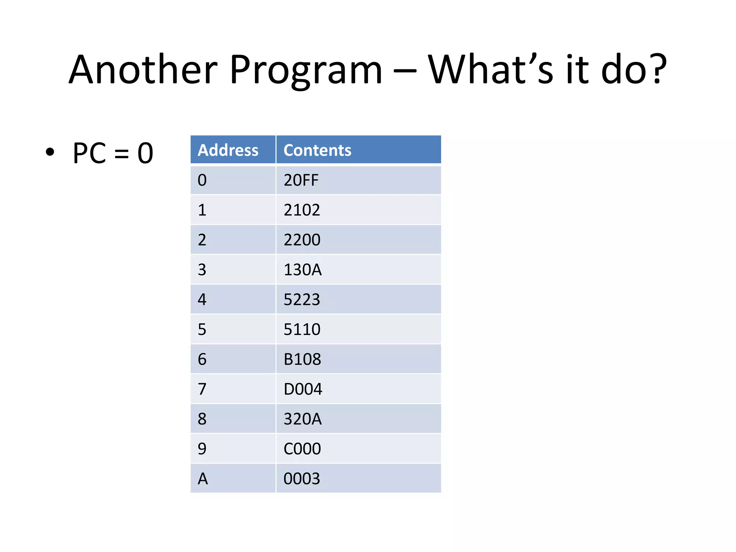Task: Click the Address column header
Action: pos(228,150)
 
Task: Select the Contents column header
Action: pos(317,150)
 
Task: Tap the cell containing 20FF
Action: pos(301,180)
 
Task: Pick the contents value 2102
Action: pos(302,210)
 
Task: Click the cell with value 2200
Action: pos(302,240)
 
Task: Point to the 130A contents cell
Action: pos(303,270)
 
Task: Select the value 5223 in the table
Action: pos(302,299)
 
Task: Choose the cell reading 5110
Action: pos(302,329)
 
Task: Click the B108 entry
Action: pos(302,359)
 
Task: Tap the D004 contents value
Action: pos(303,389)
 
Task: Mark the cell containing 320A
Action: pos(303,419)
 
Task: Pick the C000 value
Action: pos(302,448)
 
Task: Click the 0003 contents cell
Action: pos(302,479)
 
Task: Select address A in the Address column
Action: pos(203,479)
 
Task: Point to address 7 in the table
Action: pos(202,389)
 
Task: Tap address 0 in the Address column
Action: pos(202,180)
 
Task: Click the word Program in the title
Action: pos(306,70)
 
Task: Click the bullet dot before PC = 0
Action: pos(50,152)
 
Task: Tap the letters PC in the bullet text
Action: pos(89,153)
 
